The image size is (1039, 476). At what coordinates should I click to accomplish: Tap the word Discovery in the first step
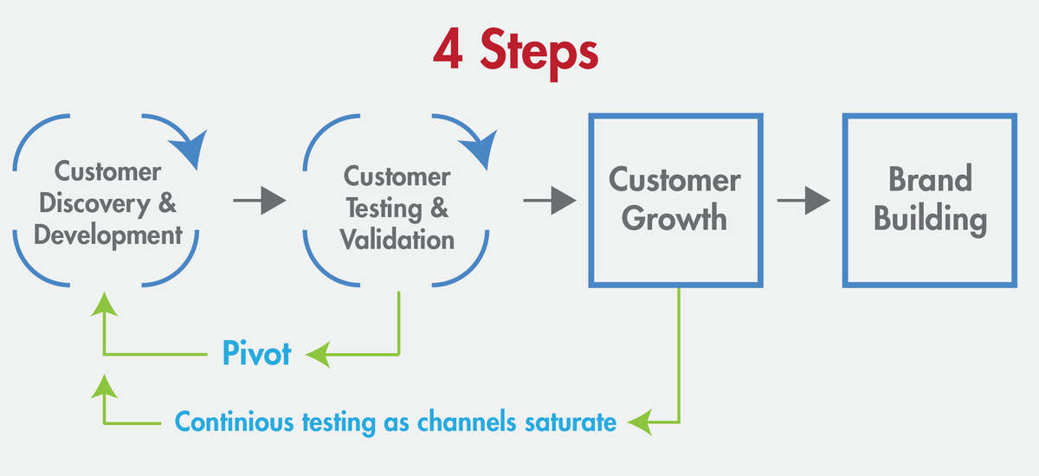point(98,203)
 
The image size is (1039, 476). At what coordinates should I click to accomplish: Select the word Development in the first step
point(108,234)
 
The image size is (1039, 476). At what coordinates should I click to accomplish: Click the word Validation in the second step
point(397,238)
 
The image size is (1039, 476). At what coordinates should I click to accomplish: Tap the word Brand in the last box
point(930,179)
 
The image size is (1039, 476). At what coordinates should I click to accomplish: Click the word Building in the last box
point(930,217)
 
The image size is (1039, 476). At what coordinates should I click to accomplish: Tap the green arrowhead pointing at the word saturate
point(639,422)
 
